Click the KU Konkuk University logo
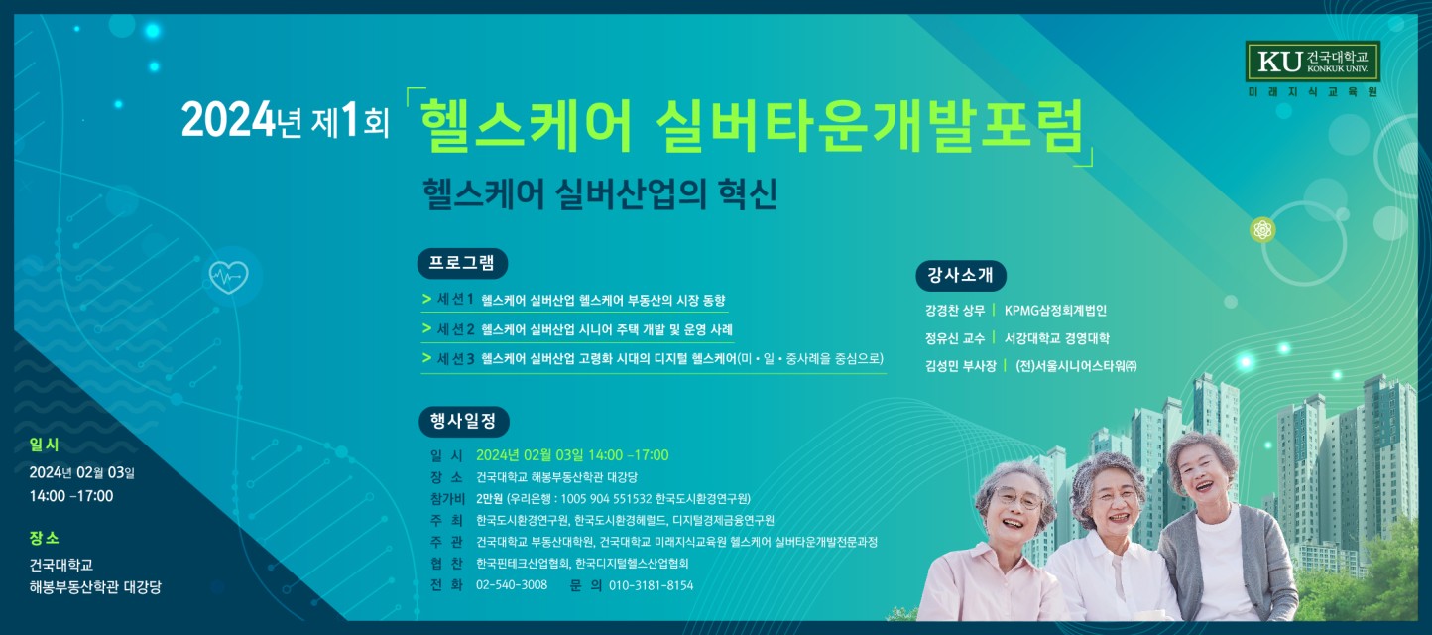[x=1312, y=62]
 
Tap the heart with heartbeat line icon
[x=228, y=276]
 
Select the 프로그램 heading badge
[x=462, y=264]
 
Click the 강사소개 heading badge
[x=961, y=276]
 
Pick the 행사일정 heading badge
[x=463, y=422]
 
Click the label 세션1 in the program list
[x=455, y=300]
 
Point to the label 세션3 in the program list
[x=455, y=359]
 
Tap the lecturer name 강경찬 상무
[x=954, y=311]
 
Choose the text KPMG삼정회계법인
[x=1055, y=311]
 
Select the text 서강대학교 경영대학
[x=1057, y=338]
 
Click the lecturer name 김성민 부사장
[x=960, y=366]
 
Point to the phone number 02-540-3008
[x=512, y=585]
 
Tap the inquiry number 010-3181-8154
[x=651, y=585]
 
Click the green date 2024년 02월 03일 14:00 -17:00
[x=572, y=455]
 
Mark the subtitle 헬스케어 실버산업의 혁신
[x=600, y=193]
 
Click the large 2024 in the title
[x=228, y=120]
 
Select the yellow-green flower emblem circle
[x=1262, y=230]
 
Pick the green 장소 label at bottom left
[x=44, y=539]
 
